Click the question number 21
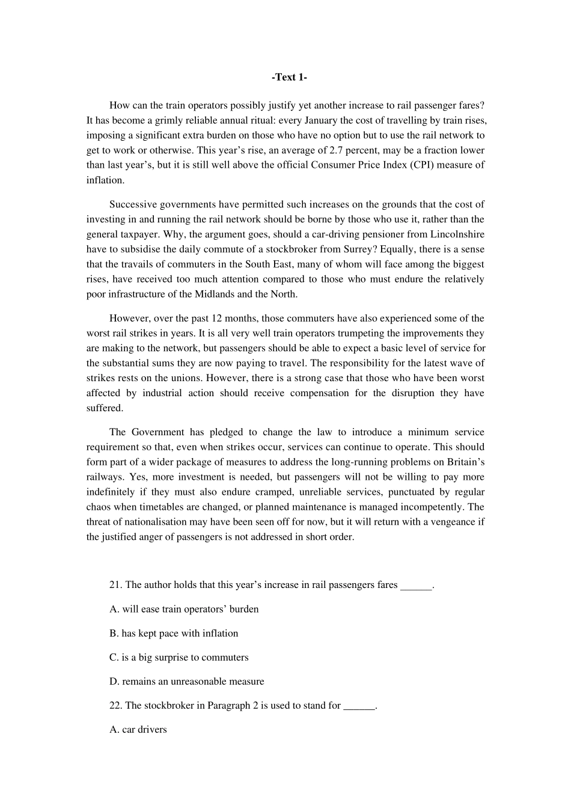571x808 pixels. (115, 585)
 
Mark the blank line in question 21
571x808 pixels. (416, 586)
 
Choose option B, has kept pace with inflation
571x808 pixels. (174, 633)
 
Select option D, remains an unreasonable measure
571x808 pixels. (186, 681)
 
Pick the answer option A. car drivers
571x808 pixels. (138, 729)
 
